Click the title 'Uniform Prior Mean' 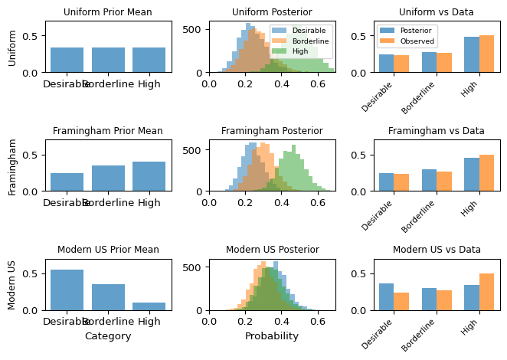point(107,12)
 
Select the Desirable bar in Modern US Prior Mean point(67,290)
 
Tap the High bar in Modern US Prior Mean point(149,306)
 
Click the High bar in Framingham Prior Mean point(149,177)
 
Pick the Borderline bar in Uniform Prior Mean point(108,60)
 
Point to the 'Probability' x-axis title point(272,336)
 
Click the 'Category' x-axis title point(108,336)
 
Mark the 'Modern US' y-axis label point(13,285)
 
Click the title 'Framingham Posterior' point(272,131)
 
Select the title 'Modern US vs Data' point(437,250)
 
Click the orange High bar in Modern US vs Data point(486,292)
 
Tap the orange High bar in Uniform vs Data point(486,54)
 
